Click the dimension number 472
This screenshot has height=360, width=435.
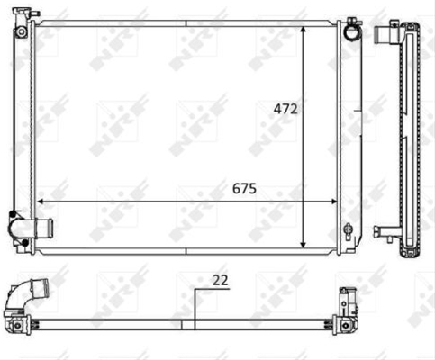pos(285,109)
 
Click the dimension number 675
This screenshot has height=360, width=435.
pos(244,188)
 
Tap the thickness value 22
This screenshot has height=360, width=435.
pos(221,280)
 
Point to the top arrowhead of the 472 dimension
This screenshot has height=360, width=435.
pos(303,30)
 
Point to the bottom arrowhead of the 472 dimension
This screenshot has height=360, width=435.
pos(303,245)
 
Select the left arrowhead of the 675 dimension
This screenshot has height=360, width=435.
pos(41,202)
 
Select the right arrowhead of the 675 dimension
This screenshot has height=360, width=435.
pos(333,202)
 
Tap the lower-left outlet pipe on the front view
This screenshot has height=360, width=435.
pos(44,228)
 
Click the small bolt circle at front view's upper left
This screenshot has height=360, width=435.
pos(22,31)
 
